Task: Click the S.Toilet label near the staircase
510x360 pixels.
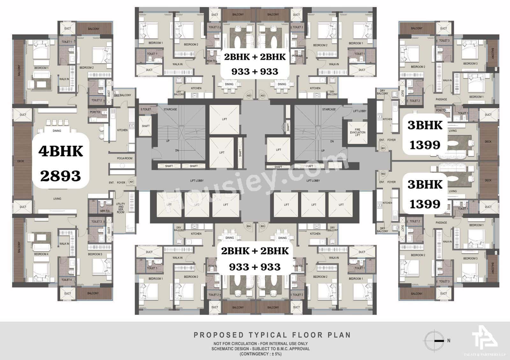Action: pyautogui.click(x=146, y=109)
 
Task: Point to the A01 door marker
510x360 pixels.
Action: pyautogui.click(x=131, y=182)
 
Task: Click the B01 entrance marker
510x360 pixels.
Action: pyautogui.click(x=383, y=148)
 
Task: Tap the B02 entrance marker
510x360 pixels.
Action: pyautogui.click(x=383, y=174)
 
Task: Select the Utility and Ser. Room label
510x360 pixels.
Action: pyautogui.click(x=120, y=208)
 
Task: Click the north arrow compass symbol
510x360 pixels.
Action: pyautogui.click(x=436, y=341)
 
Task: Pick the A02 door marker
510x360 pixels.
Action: pyautogui.click(x=249, y=95)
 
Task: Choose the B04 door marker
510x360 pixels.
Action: pyautogui.click(x=249, y=227)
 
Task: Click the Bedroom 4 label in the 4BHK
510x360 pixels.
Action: pyautogui.click(x=41, y=254)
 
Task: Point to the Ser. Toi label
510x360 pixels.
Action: pyautogui.click(x=105, y=211)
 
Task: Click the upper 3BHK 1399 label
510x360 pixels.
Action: pyautogui.click(x=425, y=135)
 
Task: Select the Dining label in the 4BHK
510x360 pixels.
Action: pyautogui.click(x=57, y=131)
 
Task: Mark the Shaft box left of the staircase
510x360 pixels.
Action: pyautogui.click(x=146, y=126)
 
